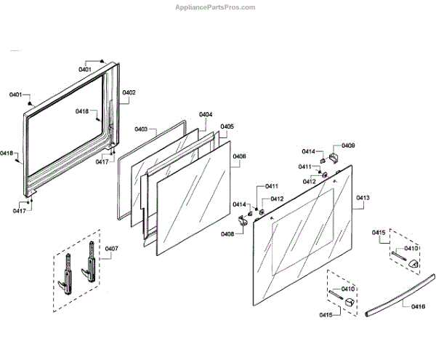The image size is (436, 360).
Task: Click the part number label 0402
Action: pyautogui.click(x=129, y=92)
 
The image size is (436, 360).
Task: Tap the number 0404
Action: pyautogui.click(x=206, y=115)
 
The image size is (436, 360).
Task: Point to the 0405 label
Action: pyautogui.click(x=227, y=127)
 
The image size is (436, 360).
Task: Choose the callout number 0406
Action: pyautogui.click(x=239, y=156)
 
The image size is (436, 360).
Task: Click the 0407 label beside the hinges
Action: pyautogui.click(x=110, y=249)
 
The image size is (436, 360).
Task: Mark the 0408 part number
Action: pyautogui.click(x=227, y=233)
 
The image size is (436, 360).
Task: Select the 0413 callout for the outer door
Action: pyautogui.click(x=363, y=198)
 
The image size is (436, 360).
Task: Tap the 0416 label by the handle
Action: pyautogui.click(x=418, y=308)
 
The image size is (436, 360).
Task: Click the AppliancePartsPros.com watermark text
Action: pyautogui.click(x=216, y=7)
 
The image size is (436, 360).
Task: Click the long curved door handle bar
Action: pyautogui.click(x=392, y=298)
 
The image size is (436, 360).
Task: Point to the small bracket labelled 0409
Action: pyautogui.click(x=335, y=157)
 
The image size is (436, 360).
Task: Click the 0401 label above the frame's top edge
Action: pyautogui.click(x=85, y=69)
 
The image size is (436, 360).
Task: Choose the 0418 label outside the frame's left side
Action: pyautogui.click(x=7, y=153)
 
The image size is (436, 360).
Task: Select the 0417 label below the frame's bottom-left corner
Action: pyautogui.click(x=19, y=211)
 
